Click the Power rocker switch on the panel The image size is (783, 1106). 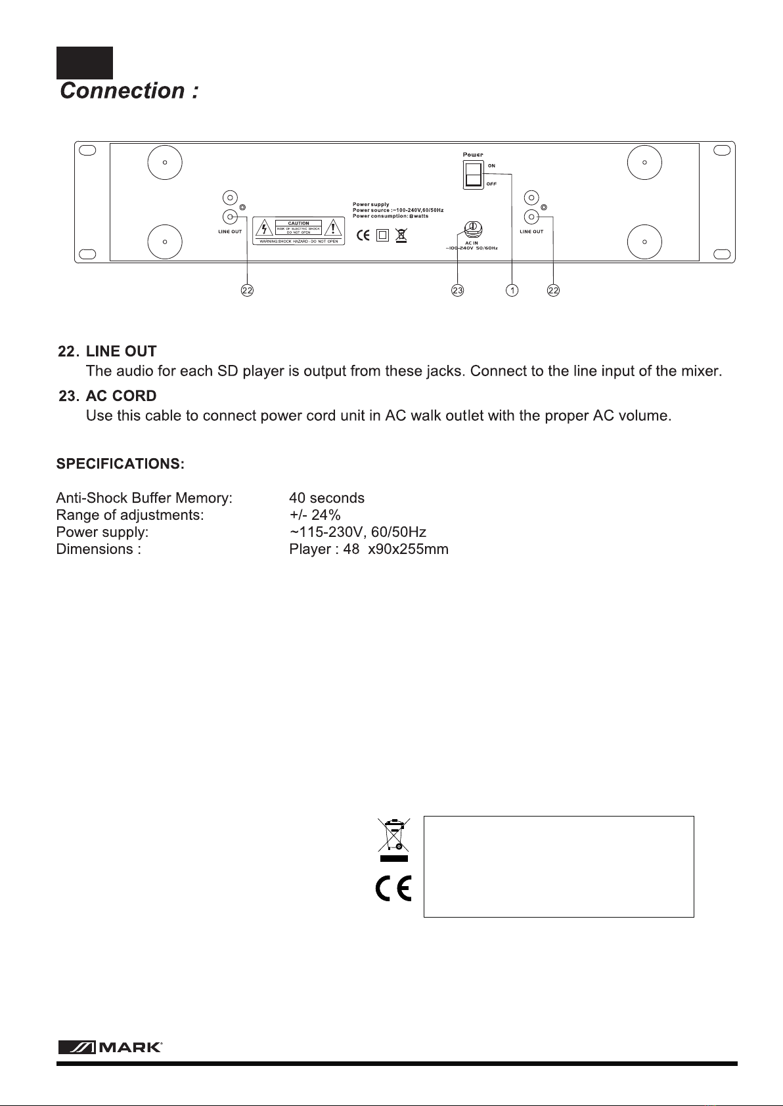pyautogui.click(x=473, y=175)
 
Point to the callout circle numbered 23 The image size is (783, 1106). pyautogui.click(x=458, y=290)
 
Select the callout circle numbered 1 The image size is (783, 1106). pyautogui.click(x=512, y=290)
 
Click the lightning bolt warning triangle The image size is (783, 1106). pyautogui.click(x=264, y=228)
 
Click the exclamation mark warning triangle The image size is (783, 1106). pyautogui.click(x=335, y=228)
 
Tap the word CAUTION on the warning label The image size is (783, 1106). pyautogui.click(x=299, y=223)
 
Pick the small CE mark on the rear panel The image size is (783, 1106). pyautogui.click(x=363, y=235)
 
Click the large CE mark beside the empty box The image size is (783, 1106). pyautogui.click(x=393, y=889)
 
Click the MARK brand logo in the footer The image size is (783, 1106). pyautogui.click(x=110, y=1047)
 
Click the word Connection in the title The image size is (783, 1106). pyautogui.click(x=122, y=91)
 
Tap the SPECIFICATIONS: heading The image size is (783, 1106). pyautogui.click(x=120, y=464)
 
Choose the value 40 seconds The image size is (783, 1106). pyautogui.click(x=326, y=498)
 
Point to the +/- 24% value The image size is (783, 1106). pyautogui.click(x=315, y=515)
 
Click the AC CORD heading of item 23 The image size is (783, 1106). pyautogui.click(x=121, y=396)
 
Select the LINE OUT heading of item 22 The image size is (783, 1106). pyautogui.click(x=121, y=352)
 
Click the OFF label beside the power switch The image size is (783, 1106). pyautogui.click(x=491, y=184)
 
